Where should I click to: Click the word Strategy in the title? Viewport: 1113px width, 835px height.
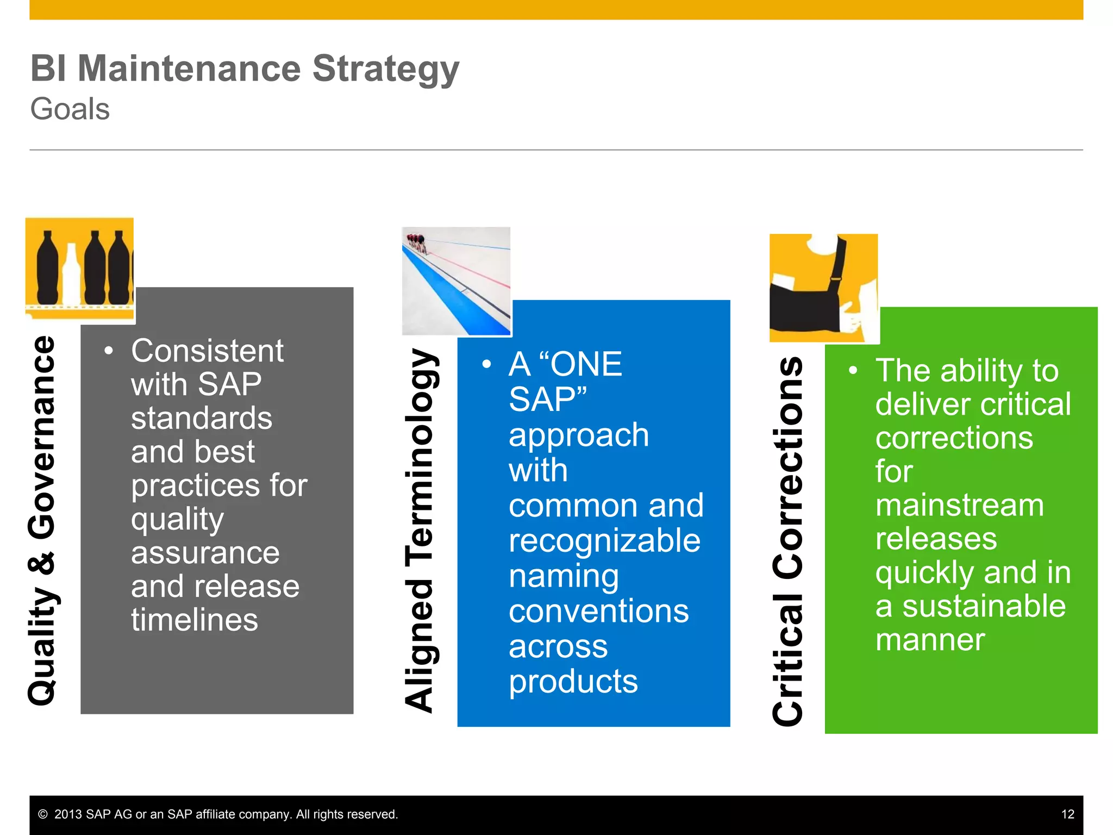(385, 70)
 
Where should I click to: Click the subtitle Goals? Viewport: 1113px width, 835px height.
(70, 109)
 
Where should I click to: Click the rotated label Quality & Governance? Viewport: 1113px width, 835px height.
(42, 520)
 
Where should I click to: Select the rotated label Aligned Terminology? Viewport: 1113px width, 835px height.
(419, 531)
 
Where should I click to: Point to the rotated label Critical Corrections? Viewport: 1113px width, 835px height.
(787, 540)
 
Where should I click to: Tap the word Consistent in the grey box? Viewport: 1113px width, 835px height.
(207, 351)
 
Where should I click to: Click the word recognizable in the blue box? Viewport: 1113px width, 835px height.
(604, 540)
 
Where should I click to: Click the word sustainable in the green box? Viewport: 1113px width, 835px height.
(984, 606)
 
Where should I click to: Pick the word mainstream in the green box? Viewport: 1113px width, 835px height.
(959, 505)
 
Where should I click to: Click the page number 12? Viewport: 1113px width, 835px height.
(1067, 814)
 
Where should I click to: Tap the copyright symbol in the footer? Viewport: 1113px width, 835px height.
(43, 814)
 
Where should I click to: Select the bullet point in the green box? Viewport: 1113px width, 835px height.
(853, 371)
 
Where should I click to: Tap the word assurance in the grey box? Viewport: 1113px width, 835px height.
(205, 553)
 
